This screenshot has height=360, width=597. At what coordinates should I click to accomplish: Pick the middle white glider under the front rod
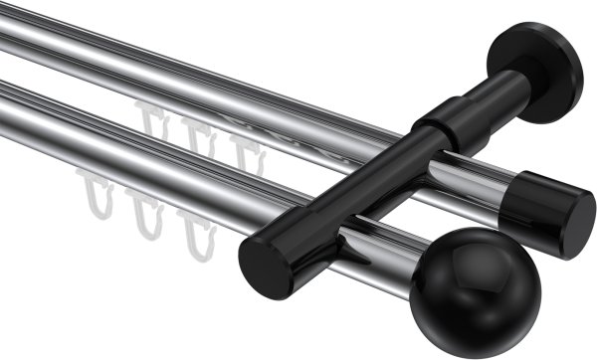147,220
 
